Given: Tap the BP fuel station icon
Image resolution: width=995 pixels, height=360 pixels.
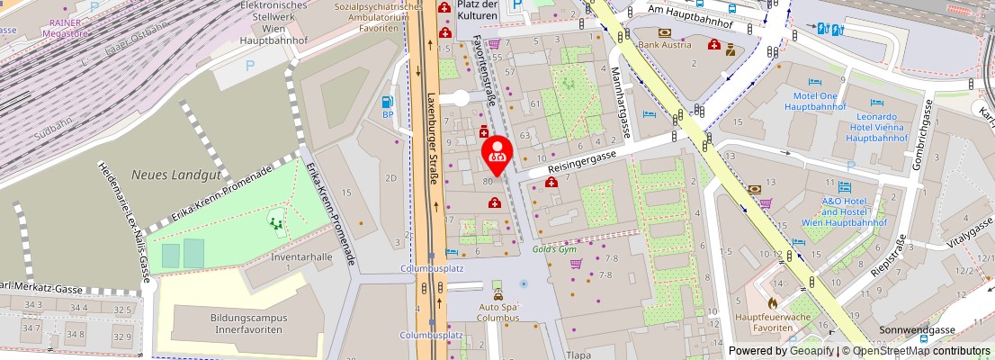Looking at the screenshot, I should tap(389, 102).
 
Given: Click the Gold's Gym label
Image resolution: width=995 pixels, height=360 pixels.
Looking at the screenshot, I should tap(552, 249).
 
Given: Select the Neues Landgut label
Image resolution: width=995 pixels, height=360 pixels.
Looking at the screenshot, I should tap(166, 174).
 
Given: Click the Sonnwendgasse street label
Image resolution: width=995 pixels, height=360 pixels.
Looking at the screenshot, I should tap(915, 330).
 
